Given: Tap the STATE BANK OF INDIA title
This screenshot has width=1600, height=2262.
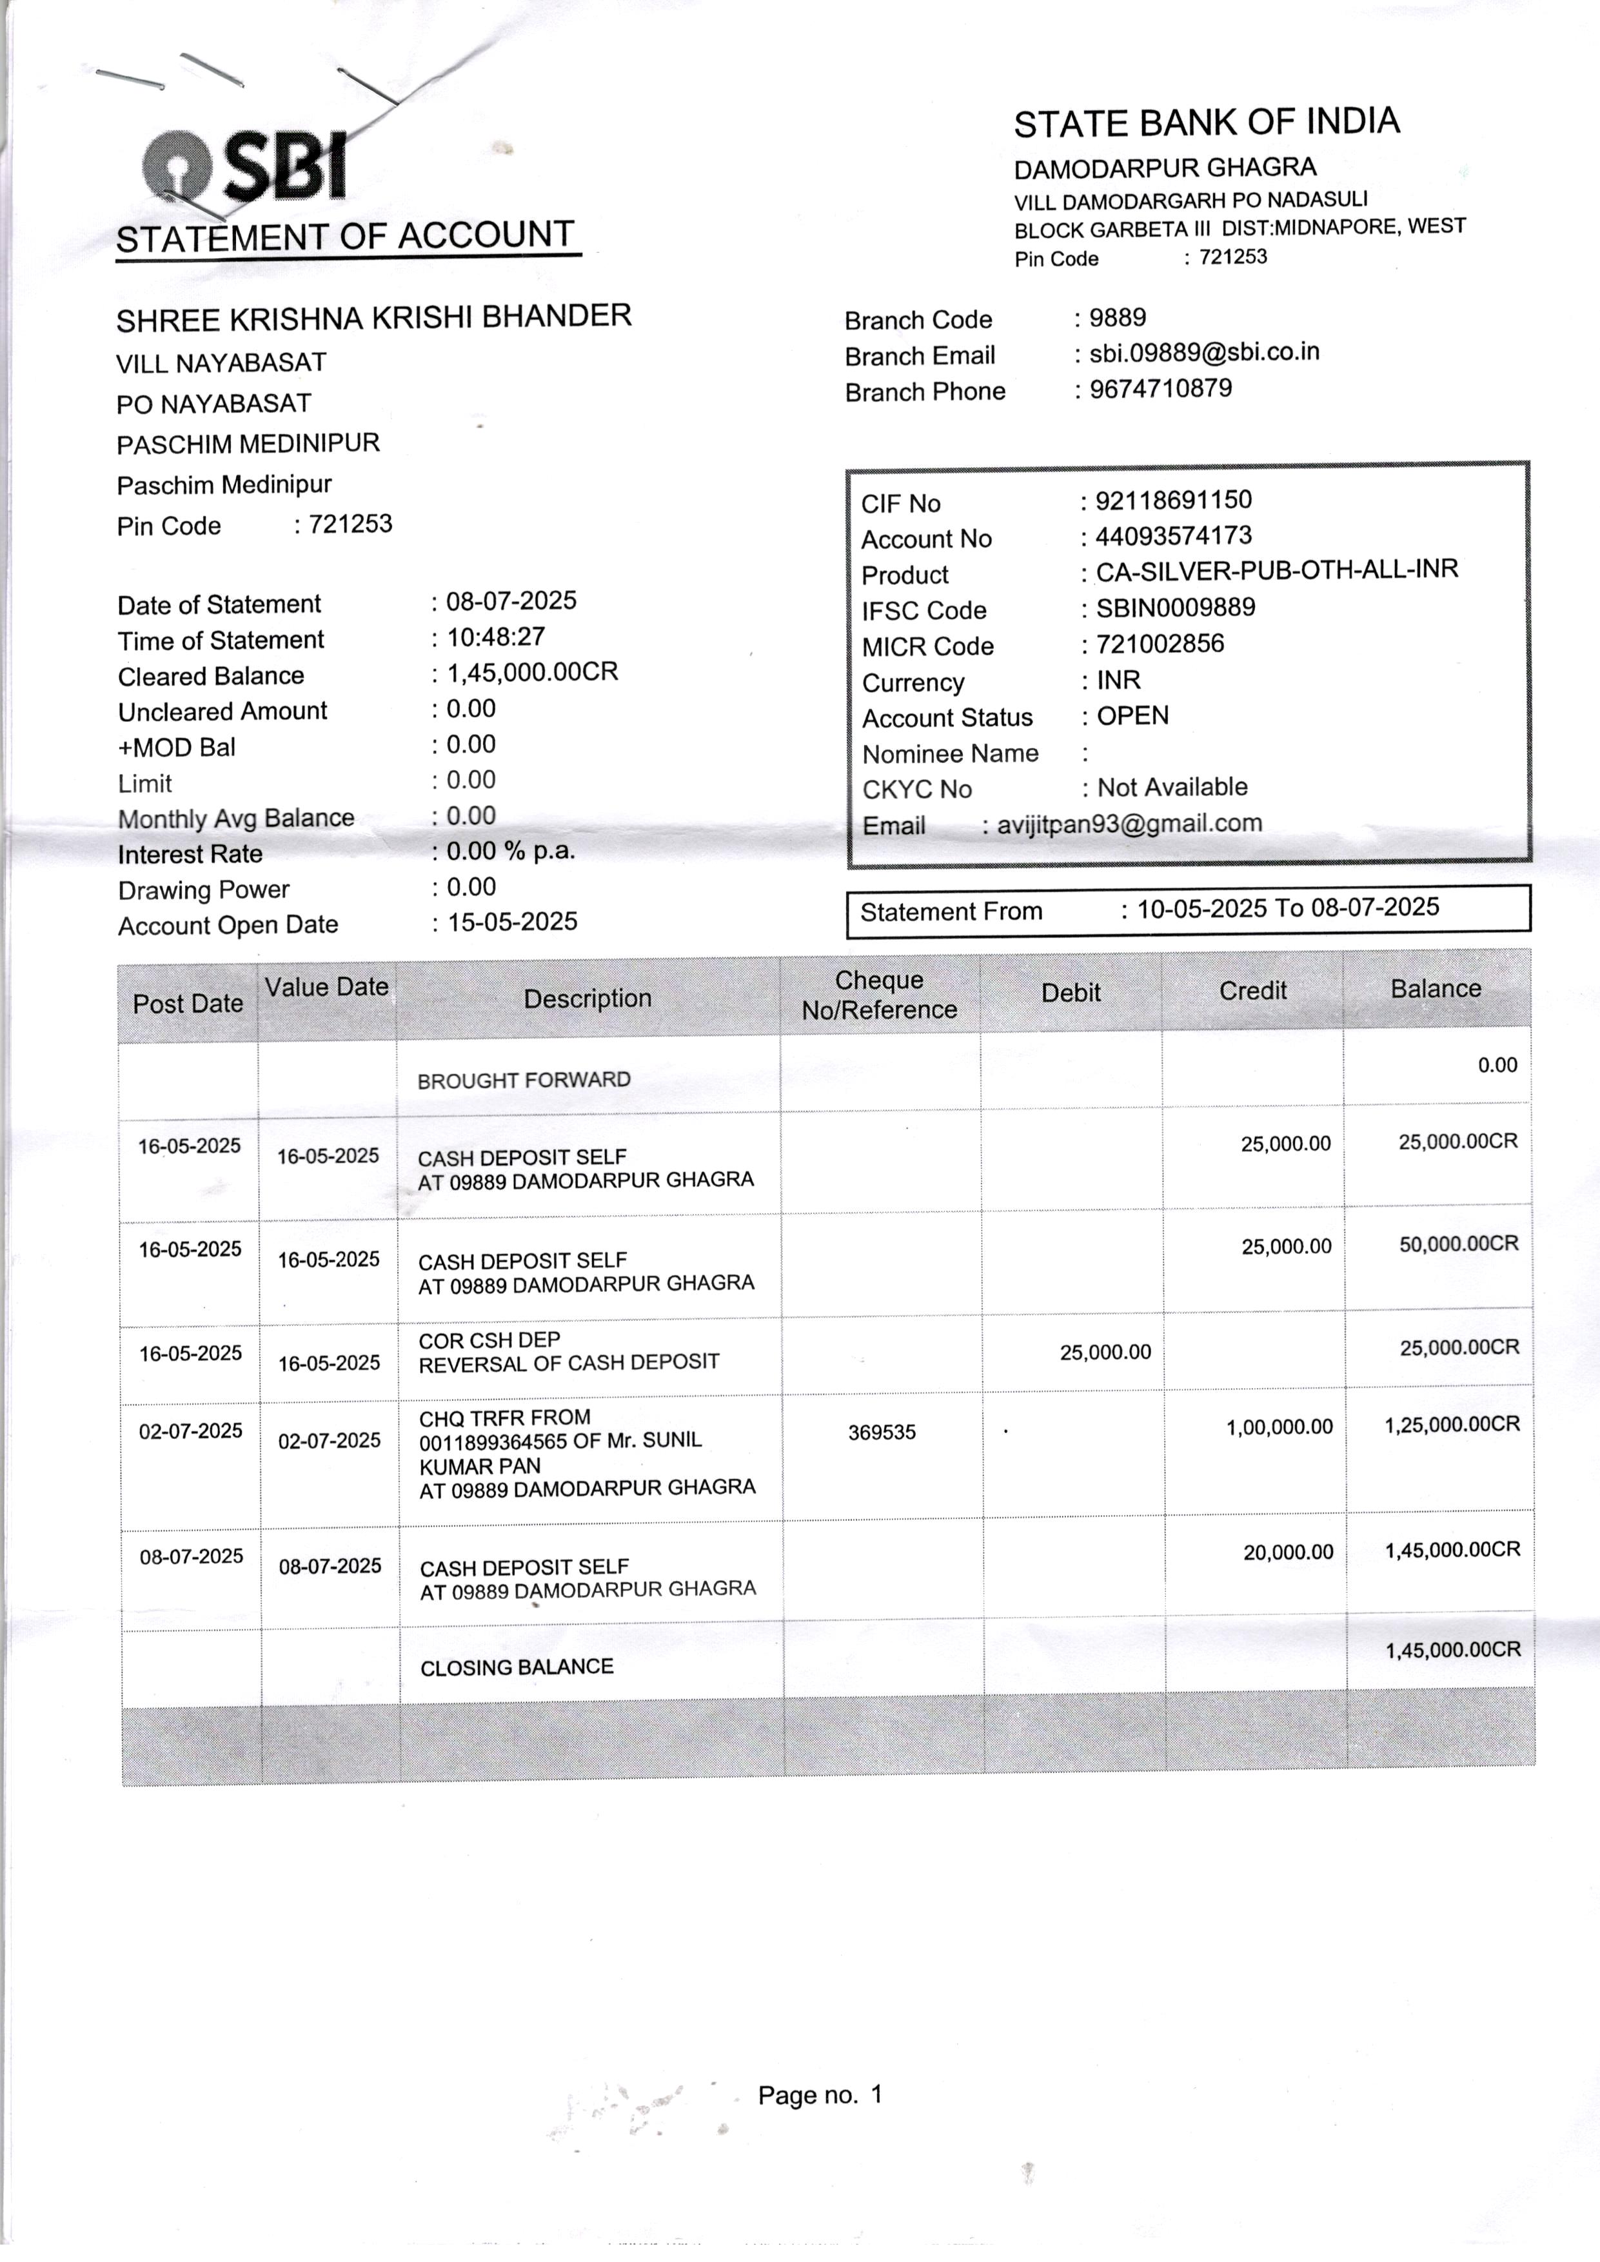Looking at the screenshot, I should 1206,122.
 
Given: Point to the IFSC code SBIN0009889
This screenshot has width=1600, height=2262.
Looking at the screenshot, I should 1176,608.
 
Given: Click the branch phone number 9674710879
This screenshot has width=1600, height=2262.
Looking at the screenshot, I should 1161,388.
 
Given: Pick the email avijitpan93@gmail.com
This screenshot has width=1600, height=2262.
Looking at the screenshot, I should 1129,824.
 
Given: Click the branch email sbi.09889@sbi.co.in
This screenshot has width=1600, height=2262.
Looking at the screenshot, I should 1204,352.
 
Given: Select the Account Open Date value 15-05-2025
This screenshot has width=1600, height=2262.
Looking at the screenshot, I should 512,922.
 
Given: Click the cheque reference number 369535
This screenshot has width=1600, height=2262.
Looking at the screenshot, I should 882,1433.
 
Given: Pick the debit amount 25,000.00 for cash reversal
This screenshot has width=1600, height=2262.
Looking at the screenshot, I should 1105,1352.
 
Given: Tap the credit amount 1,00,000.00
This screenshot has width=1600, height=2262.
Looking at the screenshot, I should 1279,1427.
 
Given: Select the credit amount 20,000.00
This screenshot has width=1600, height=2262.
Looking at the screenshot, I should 1288,1553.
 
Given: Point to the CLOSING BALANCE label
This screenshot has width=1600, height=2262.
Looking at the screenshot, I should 517,1667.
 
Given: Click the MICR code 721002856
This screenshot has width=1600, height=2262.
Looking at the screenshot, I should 1160,644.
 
